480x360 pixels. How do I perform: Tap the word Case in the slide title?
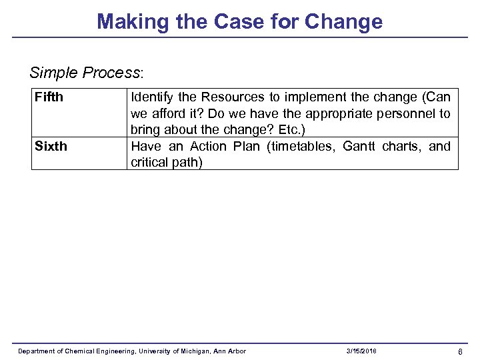(x=239, y=21)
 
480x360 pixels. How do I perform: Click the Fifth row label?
(x=49, y=97)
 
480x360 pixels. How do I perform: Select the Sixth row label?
(x=51, y=146)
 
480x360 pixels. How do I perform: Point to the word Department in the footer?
(x=37, y=351)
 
